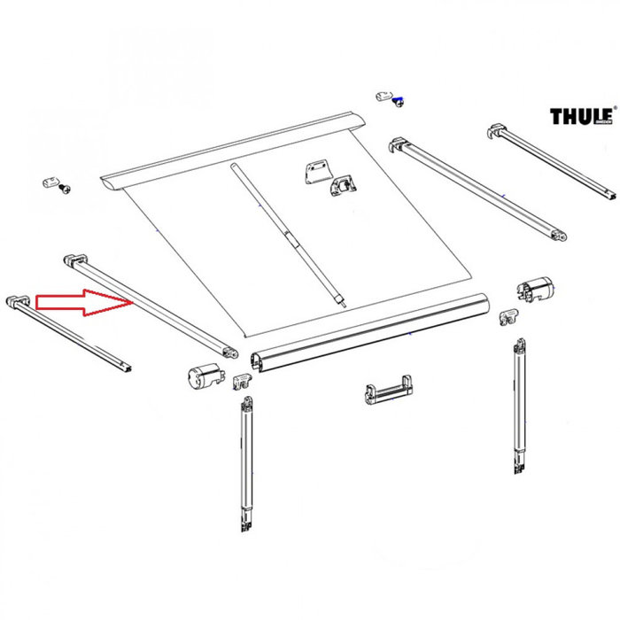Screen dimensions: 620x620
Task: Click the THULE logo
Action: (x=581, y=116)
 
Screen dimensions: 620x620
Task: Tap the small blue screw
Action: (x=398, y=101)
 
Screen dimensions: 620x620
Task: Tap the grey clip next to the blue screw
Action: (x=384, y=95)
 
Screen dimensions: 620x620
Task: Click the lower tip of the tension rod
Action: (x=340, y=299)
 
